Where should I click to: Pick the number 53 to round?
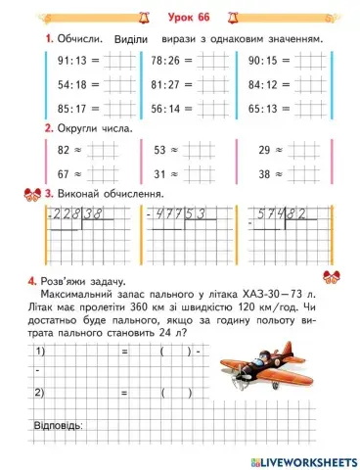(x=160, y=151)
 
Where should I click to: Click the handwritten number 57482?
(x=282, y=212)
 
